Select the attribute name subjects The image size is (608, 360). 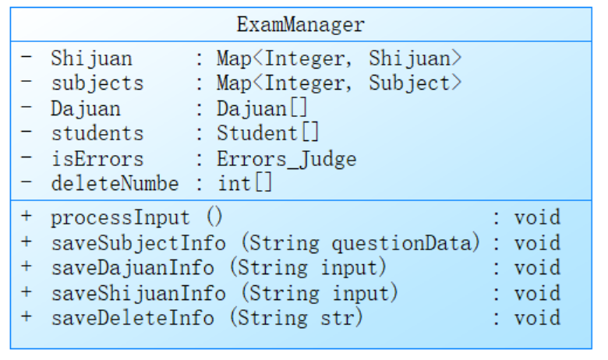(97, 83)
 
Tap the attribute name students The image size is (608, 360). (97, 134)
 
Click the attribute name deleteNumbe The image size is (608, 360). (115, 185)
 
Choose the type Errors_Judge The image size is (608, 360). (286, 160)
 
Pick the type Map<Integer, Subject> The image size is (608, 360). (339, 83)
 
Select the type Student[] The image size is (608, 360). (268, 134)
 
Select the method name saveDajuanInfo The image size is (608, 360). (132, 268)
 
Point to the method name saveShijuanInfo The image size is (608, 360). (140, 294)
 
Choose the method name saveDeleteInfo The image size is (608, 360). (132, 319)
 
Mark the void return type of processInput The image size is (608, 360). (537, 217)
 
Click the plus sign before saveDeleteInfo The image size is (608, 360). (27, 319)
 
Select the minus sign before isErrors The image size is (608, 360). (27, 160)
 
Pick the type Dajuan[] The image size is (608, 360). (262, 109)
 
